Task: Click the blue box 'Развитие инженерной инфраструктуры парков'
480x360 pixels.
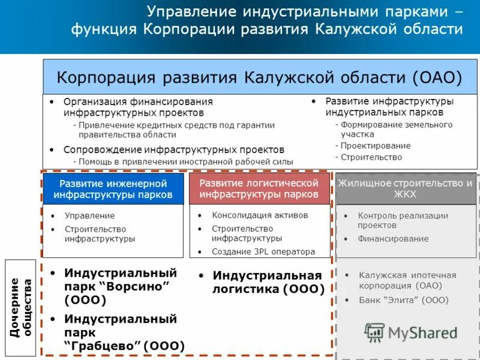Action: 113,189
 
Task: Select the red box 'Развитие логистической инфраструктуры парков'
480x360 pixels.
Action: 259,189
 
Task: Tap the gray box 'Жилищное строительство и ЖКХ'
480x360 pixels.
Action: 405,189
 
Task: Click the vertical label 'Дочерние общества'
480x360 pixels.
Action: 21,307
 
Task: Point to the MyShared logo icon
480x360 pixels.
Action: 374,332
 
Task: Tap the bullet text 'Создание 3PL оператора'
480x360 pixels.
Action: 263,252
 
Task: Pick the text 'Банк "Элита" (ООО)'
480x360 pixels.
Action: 403,300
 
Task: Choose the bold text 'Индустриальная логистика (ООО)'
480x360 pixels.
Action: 268,282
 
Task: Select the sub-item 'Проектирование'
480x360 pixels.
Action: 376,146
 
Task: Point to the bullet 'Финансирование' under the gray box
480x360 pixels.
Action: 393,239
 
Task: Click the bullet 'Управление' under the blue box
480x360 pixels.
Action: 89,215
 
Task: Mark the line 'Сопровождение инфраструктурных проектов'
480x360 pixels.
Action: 173,149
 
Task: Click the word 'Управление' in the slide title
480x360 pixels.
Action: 191,12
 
